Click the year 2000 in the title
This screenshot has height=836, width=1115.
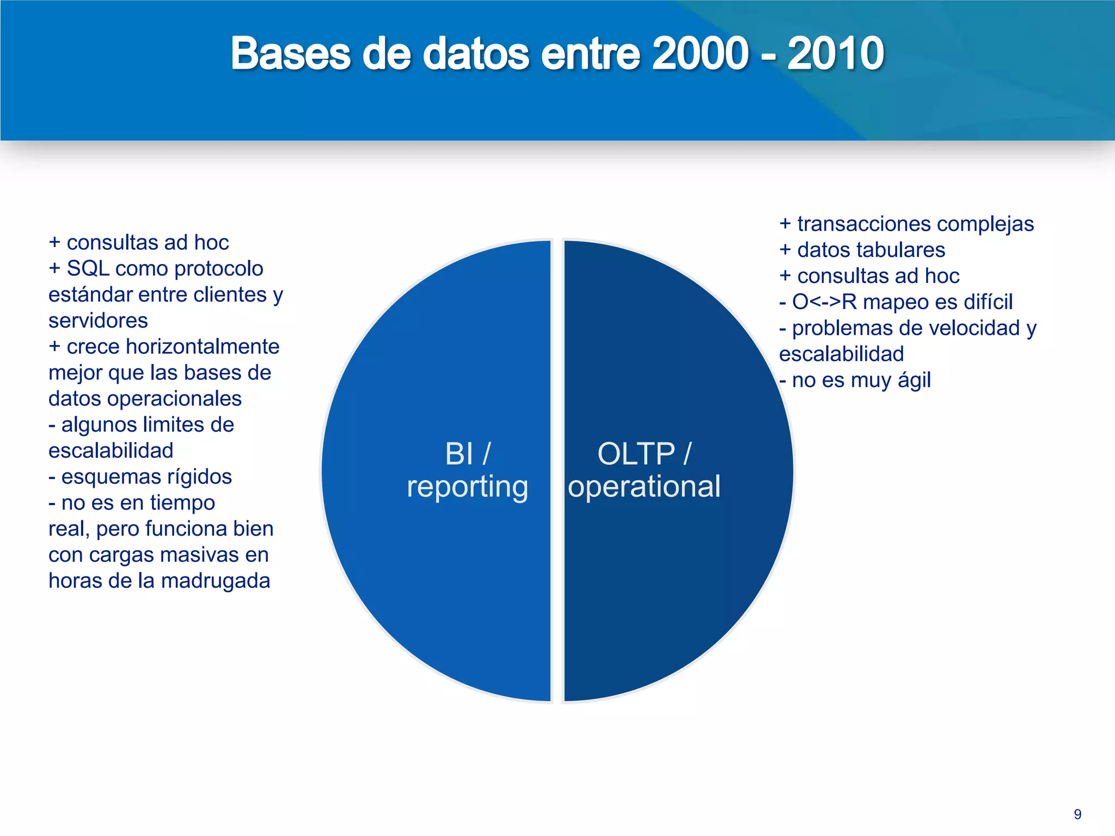(700, 53)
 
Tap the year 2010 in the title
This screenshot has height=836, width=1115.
(835, 53)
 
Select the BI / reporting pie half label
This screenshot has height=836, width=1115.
(467, 470)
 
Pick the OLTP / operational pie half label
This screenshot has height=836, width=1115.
(644, 470)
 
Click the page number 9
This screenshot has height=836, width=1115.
(1077, 814)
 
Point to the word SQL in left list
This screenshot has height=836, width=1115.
(88, 268)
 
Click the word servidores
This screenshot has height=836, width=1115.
(98, 321)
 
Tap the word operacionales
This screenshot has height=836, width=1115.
(174, 399)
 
